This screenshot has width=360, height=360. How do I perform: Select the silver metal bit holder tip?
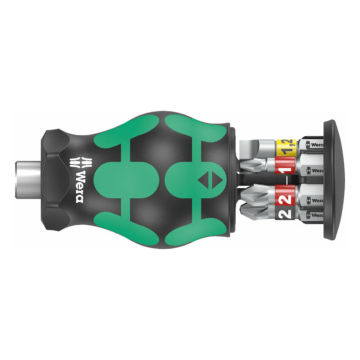click(28, 175)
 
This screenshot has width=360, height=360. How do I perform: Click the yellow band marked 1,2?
click(286, 147)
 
